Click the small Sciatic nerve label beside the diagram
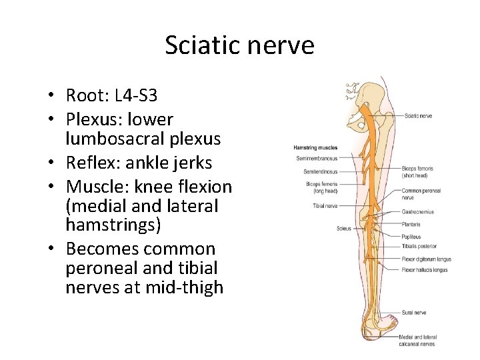point(418,115)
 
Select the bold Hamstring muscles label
point(315,148)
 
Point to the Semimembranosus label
point(317,159)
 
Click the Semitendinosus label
point(320,172)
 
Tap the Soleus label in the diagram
point(344,229)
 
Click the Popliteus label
point(412,237)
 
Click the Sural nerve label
point(414,312)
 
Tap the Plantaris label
point(412,225)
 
